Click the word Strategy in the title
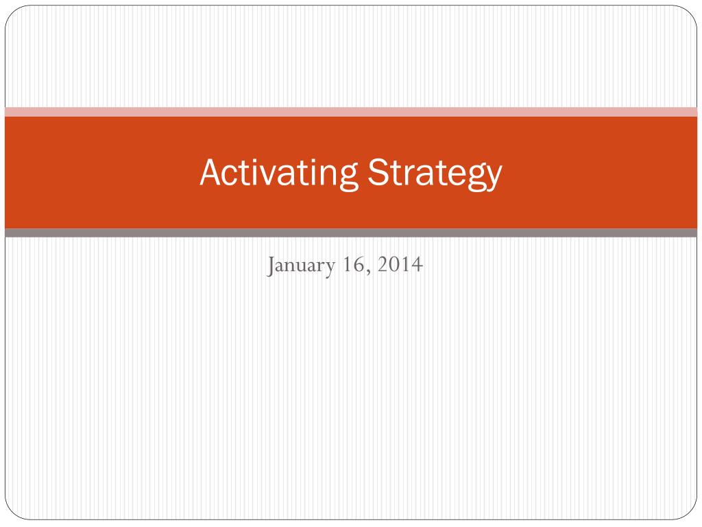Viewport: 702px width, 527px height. point(435,173)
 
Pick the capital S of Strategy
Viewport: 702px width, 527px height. point(377,172)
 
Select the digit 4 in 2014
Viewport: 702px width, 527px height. point(417,263)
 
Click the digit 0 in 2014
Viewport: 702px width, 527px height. point(394,263)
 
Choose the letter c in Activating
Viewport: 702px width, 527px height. point(230,175)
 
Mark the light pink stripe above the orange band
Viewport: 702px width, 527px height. point(351,112)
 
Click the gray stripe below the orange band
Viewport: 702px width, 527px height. point(351,233)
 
